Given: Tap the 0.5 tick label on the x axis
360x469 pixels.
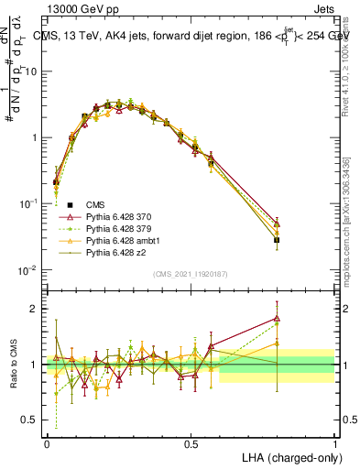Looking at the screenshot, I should point(191,442).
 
